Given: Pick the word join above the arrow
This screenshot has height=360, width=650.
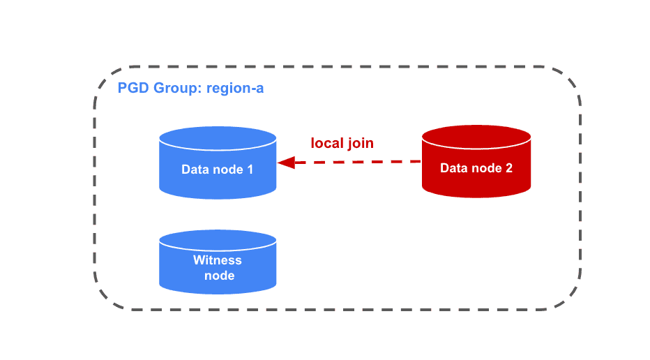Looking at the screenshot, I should click(x=361, y=143).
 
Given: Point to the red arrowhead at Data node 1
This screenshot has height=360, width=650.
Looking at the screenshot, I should click(x=285, y=163).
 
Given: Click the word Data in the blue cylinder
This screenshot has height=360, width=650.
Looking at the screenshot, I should click(x=195, y=169).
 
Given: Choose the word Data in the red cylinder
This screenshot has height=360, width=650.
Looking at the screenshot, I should click(x=453, y=168).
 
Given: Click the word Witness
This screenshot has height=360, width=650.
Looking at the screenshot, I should click(x=218, y=260).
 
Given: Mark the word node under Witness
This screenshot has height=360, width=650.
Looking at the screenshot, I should click(x=218, y=275).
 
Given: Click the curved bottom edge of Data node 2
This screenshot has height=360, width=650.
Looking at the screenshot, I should click(x=476, y=195).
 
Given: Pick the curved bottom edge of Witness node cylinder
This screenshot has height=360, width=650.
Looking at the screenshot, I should click(x=218, y=292).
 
